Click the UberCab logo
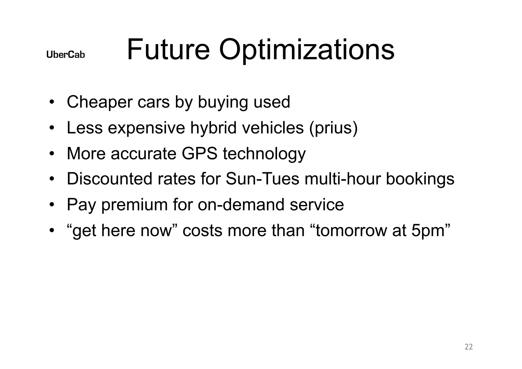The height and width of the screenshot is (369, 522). click(66, 55)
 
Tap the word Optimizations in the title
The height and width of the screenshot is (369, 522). click(307, 50)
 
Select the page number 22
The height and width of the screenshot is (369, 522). click(469, 347)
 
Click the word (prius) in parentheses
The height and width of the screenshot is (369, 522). click(333, 128)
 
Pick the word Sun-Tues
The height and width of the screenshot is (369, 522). click(262, 179)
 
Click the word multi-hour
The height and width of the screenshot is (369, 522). click(343, 179)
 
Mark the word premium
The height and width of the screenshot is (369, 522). click(135, 205)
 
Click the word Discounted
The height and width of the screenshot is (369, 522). click(110, 179)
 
